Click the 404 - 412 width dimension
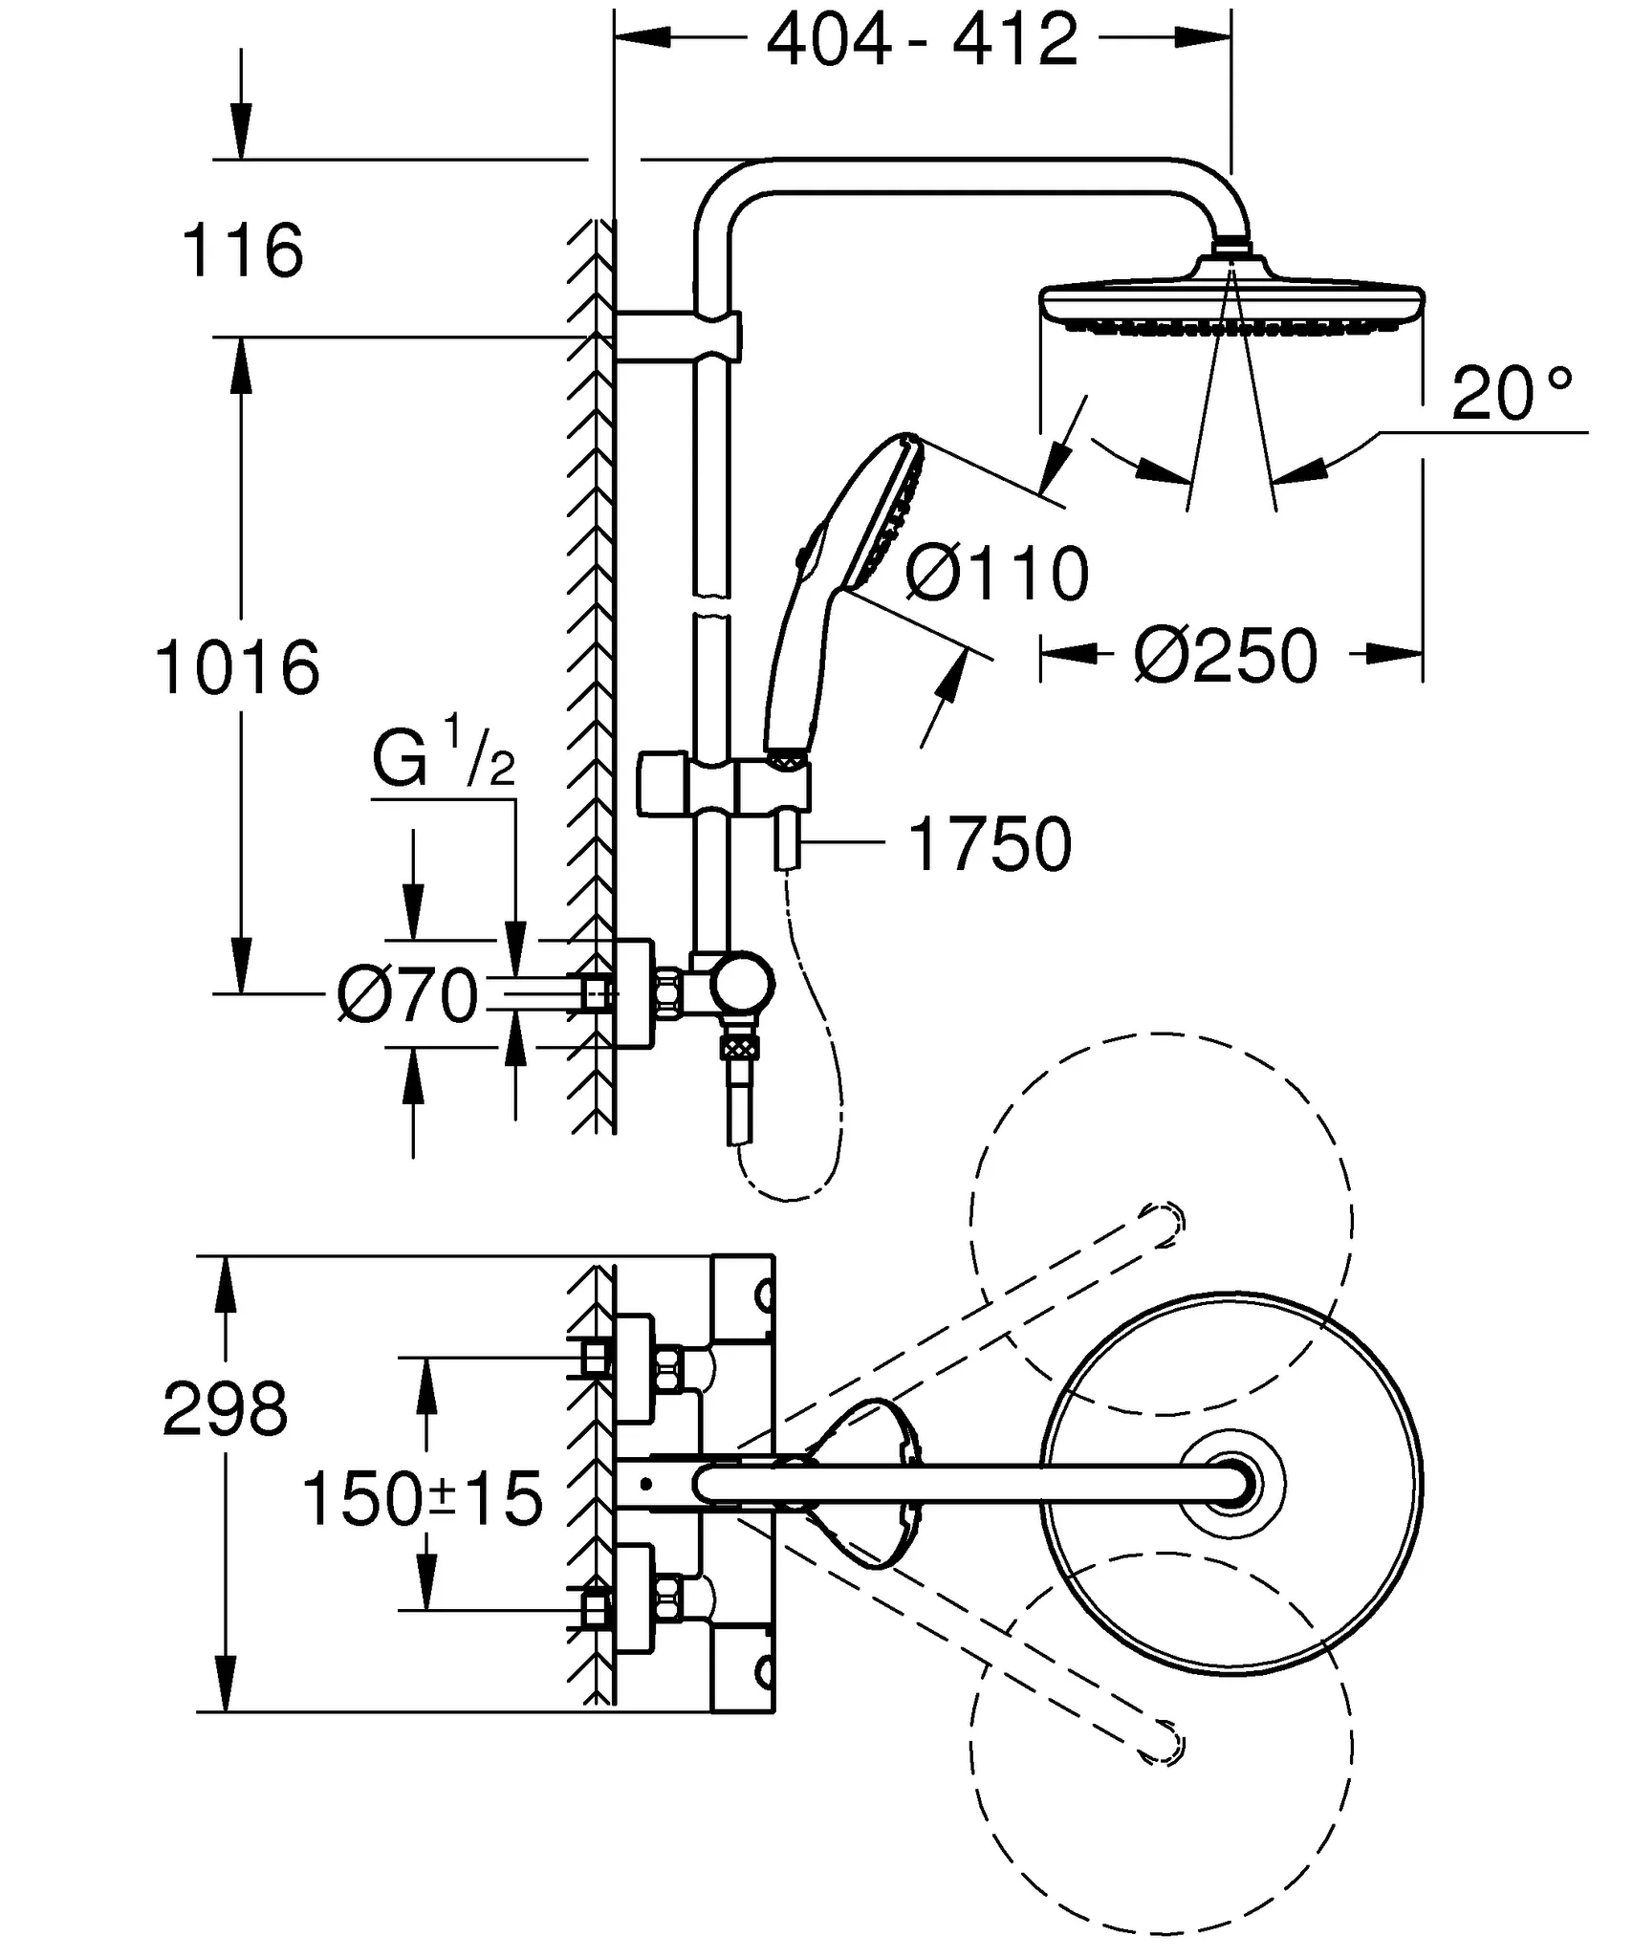tap(922, 40)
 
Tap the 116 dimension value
tap(242, 251)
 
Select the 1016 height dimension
tap(237, 667)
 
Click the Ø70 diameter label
tap(407, 996)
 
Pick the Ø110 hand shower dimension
tap(997, 575)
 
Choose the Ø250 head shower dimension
tap(1227, 657)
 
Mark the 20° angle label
tap(1511, 394)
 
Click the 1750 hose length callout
tap(990, 844)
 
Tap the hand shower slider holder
tap(725, 786)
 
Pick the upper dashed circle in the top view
tap(1161, 1224)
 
